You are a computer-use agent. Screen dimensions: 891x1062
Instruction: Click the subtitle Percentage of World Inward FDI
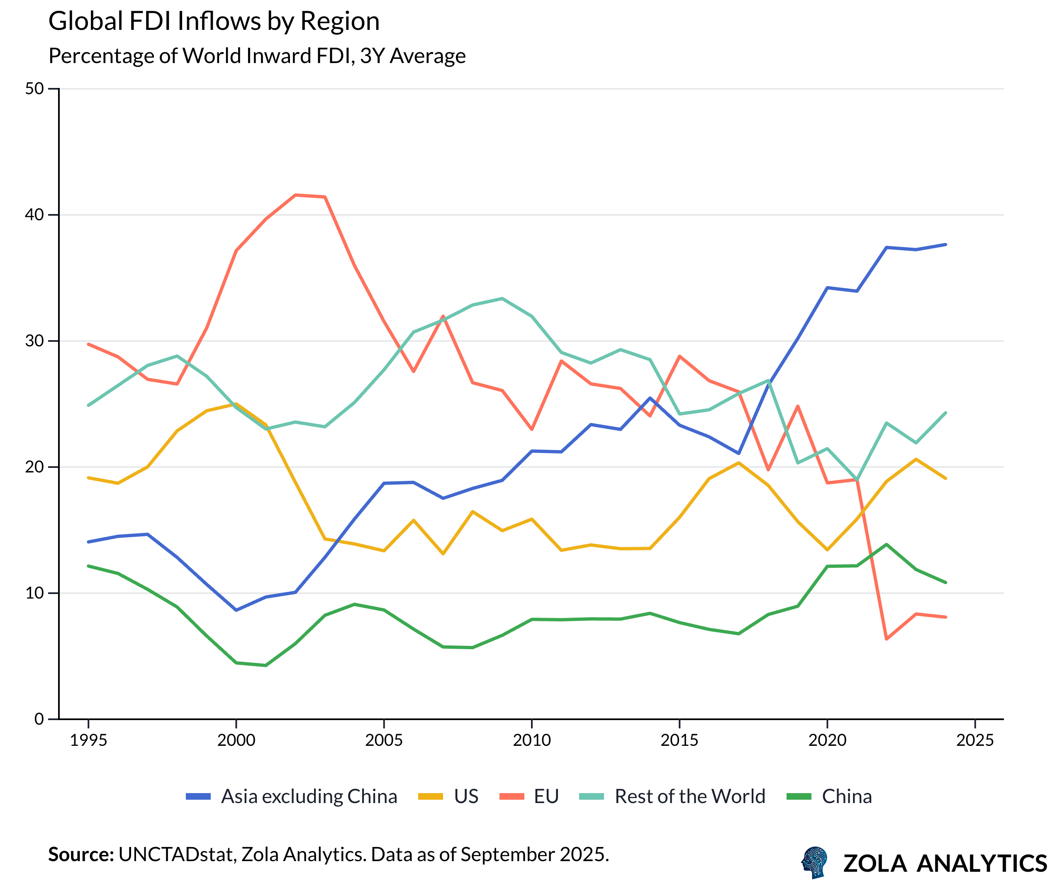pyautogui.click(x=256, y=56)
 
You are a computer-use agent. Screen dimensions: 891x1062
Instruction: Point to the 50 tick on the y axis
pyautogui.click(x=34, y=89)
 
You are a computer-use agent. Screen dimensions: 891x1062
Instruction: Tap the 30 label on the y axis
pyautogui.click(x=34, y=341)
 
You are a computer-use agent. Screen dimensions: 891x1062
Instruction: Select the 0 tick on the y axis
pyautogui.click(x=39, y=718)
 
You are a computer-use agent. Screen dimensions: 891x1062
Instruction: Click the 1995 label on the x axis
pyautogui.click(x=88, y=740)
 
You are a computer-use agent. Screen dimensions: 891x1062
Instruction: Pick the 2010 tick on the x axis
pyautogui.click(x=531, y=740)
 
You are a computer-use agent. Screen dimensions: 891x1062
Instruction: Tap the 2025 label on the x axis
pyautogui.click(x=974, y=740)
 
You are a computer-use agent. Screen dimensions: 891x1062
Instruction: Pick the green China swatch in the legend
pyautogui.click(x=799, y=796)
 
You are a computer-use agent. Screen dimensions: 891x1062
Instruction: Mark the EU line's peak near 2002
pyautogui.click(x=295, y=195)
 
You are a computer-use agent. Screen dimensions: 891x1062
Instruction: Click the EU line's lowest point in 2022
pyautogui.click(x=886, y=639)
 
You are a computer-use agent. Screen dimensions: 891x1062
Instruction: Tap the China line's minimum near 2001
pyautogui.click(x=265, y=665)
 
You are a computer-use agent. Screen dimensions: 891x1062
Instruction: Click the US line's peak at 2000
pyautogui.click(x=236, y=404)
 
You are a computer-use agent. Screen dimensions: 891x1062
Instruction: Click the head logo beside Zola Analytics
pyautogui.click(x=814, y=863)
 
